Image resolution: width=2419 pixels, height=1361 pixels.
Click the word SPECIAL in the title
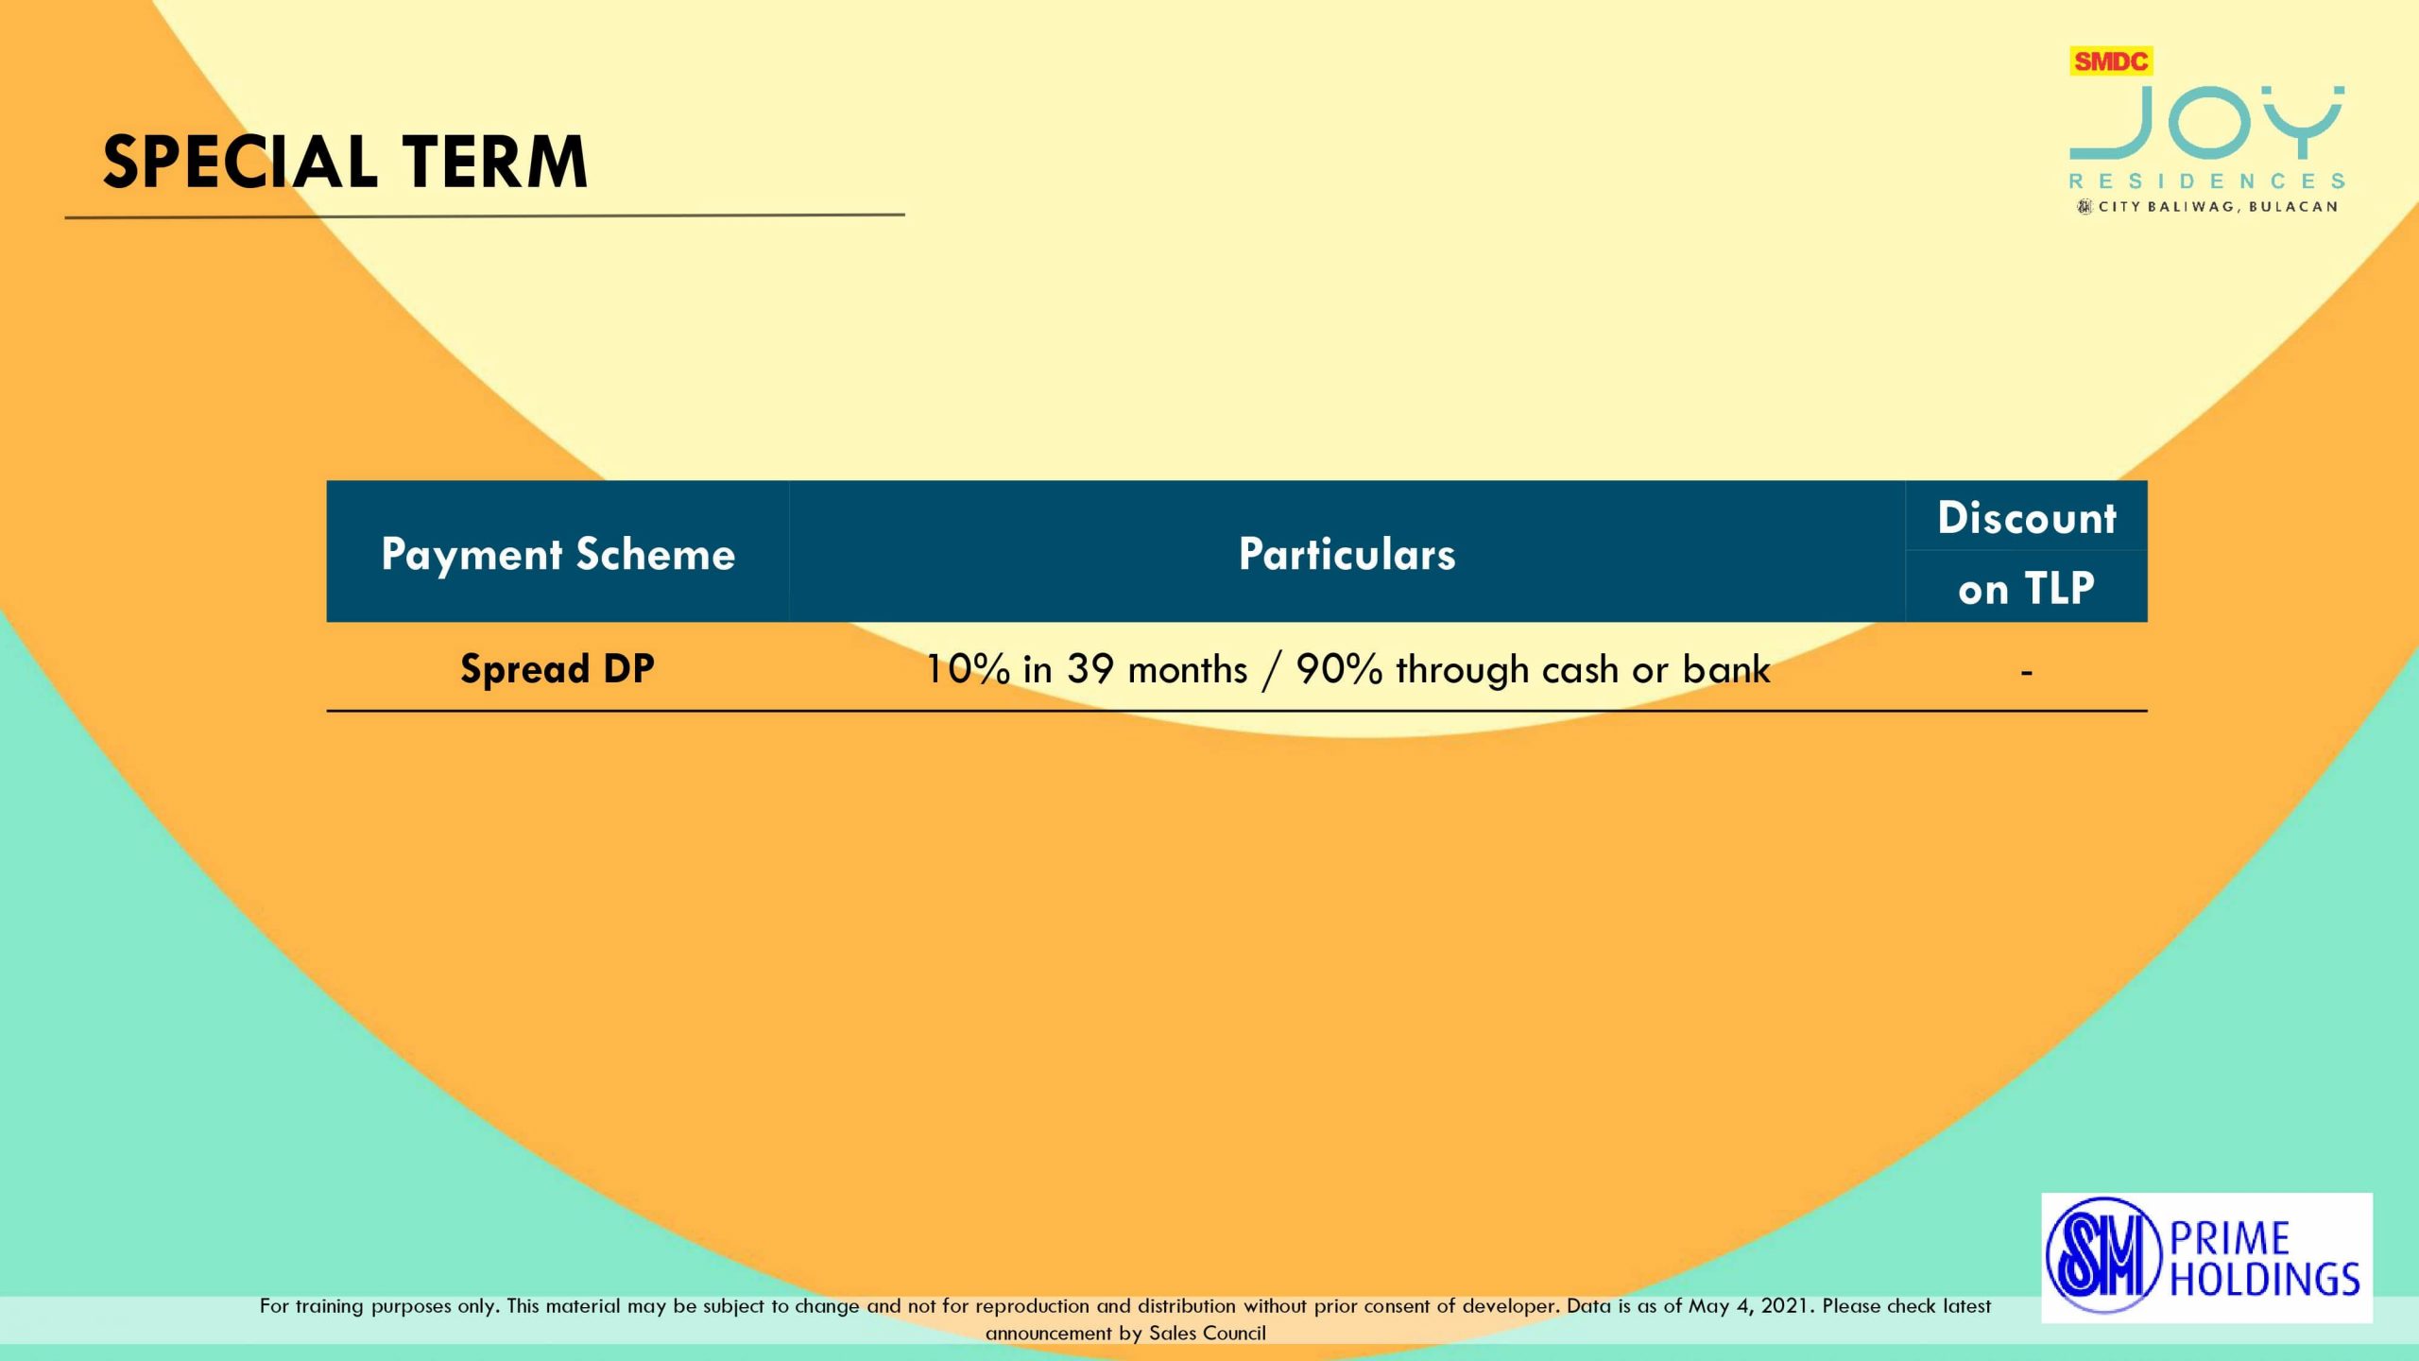pyautogui.click(x=240, y=162)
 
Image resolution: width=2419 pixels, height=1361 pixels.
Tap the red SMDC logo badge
pyautogui.click(x=2111, y=61)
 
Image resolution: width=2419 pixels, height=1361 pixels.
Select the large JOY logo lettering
pyautogui.click(x=2206, y=123)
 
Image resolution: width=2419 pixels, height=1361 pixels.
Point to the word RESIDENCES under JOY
pyautogui.click(x=2206, y=181)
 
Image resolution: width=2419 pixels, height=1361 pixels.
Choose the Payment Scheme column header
pyautogui.click(x=558, y=554)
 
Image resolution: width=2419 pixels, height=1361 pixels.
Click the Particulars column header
pyautogui.click(x=1347, y=554)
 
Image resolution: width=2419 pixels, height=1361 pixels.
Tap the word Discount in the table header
pyautogui.click(x=2027, y=518)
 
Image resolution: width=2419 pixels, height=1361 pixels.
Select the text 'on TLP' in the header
pyautogui.click(x=2027, y=589)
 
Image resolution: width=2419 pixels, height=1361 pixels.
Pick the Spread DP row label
pyautogui.click(x=558, y=669)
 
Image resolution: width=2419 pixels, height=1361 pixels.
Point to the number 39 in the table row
pyautogui.click(x=1090, y=669)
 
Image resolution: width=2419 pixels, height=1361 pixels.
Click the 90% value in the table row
pyautogui.click(x=1340, y=669)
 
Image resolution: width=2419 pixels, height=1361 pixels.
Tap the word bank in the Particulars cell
pyautogui.click(x=1726, y=669)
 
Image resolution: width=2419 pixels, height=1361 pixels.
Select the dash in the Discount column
pyautogui.click(x=2027, y=673)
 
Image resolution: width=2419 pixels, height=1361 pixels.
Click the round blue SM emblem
pyautogui.click(x=2103, y=1256)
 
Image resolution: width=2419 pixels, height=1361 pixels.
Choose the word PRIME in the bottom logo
pyautogui.click(x=2230, y=1239)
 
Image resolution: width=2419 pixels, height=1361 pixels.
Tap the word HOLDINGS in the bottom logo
pyautogui.click(x=2265, y=1279)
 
